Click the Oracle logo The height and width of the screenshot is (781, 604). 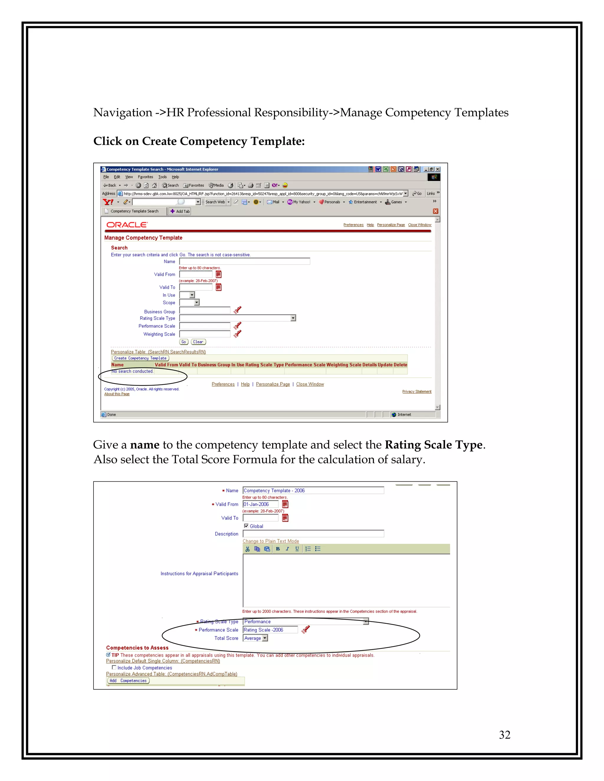coord(127,225)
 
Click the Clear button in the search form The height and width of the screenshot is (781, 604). coord(198,342)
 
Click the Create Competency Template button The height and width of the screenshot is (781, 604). coord(140,358)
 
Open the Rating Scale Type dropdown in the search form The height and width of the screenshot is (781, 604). coord(293,318)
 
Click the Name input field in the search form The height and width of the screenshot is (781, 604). coord(244,261)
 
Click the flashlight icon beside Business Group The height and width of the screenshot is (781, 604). coord(237,310)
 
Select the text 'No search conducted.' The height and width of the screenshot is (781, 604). coord(132,371)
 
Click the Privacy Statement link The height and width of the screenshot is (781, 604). coord(416,392)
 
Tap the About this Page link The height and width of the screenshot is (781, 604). coord(117,394)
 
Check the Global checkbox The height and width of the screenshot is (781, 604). coord(246,526)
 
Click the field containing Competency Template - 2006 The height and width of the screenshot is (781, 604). coord(313,490)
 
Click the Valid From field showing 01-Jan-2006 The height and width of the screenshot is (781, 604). coord(260,504)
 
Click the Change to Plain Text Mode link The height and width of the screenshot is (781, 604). coord(270,541)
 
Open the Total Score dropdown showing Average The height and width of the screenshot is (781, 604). coord(265,638)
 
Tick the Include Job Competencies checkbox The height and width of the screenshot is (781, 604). coord(114,667)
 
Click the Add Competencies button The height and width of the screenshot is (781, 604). coord(128,681)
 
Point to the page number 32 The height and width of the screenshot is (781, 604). coord(505,735)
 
